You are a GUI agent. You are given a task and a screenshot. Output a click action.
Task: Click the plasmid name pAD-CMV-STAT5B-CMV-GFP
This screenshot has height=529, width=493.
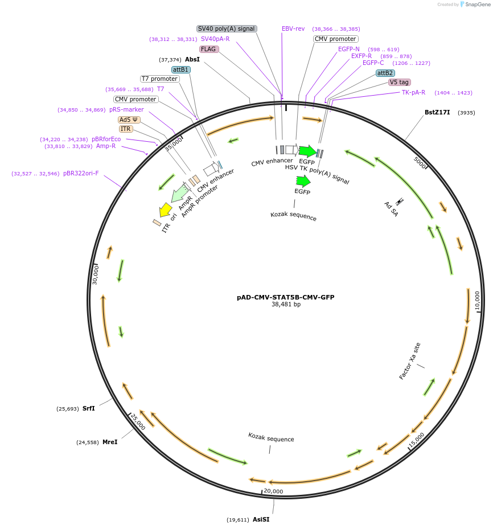285,297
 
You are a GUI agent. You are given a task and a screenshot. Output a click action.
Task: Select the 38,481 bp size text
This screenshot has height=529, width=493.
286,305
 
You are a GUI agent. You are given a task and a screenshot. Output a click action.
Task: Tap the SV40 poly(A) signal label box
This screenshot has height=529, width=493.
227,28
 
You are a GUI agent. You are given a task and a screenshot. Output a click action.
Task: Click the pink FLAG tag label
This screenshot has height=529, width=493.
208,49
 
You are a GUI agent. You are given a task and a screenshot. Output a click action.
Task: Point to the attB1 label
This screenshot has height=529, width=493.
181,69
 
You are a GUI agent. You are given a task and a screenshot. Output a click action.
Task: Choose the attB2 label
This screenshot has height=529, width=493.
385,73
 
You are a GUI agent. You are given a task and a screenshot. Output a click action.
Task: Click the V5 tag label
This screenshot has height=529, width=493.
399,82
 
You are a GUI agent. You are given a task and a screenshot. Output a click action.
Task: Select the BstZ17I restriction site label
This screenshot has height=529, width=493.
437,112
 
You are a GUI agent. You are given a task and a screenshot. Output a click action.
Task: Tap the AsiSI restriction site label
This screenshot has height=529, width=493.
261,519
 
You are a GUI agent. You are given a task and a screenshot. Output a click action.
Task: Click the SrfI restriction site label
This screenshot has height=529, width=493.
89,408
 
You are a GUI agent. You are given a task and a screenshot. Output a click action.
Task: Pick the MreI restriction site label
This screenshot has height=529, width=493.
110,442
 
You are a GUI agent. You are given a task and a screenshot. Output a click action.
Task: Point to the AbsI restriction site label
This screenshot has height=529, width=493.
192,59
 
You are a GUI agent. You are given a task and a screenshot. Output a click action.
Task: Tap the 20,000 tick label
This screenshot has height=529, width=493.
273,491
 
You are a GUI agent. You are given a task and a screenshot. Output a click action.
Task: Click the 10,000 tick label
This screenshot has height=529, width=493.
477,301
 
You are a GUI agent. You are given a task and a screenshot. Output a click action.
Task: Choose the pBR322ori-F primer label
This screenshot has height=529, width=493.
81,173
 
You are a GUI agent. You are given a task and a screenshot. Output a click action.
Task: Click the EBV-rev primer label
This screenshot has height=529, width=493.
293,28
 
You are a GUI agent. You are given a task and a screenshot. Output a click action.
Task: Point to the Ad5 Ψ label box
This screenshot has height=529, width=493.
129,120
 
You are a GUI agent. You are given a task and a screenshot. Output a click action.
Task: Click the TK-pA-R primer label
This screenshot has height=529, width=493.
413,92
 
